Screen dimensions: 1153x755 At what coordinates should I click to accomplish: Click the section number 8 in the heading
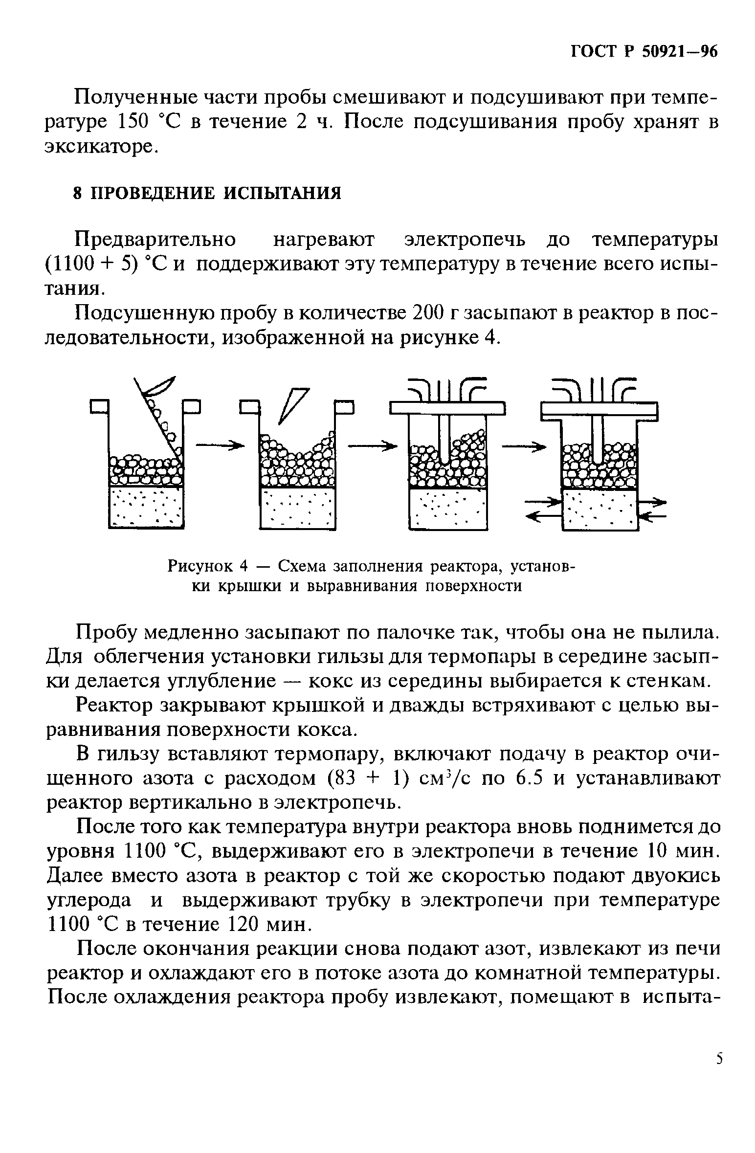[77, 193]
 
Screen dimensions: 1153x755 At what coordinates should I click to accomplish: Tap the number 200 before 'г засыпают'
[430, 313]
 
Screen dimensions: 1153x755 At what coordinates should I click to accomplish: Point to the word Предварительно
[155, 240]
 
